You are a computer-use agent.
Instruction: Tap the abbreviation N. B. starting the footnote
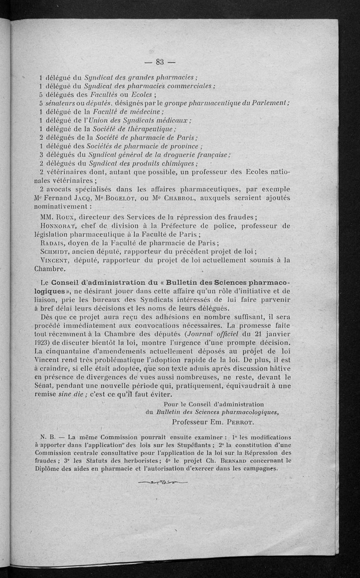click(x=47, y=437)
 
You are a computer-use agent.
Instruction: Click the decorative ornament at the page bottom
click(x=163, y=483)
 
